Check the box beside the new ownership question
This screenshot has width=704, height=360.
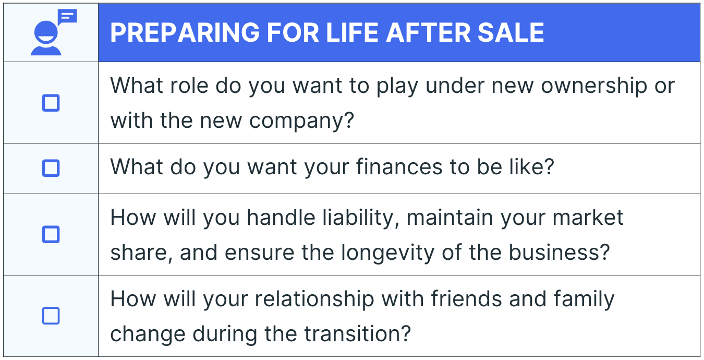[x=51, y=103]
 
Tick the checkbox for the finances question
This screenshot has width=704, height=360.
[x=51, y=168]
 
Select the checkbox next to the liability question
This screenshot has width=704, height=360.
[x=51, y=234]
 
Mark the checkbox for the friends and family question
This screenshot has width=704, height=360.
[x=51, y=316]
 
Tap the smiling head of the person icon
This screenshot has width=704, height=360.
[x=46, y=32]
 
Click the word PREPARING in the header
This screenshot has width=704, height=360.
[x=185, y=32]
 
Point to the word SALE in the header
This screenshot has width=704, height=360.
[x=511, y=32]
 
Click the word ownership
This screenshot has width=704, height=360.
[x=593, y=86]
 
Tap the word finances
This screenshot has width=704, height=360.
[x=399, y=166]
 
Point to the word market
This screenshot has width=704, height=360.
[x=588, y=218]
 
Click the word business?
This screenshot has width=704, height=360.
[x=560, y=253]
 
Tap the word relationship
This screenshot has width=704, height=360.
[x=314, y=299]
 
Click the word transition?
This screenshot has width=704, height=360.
[x=358, y=334]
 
